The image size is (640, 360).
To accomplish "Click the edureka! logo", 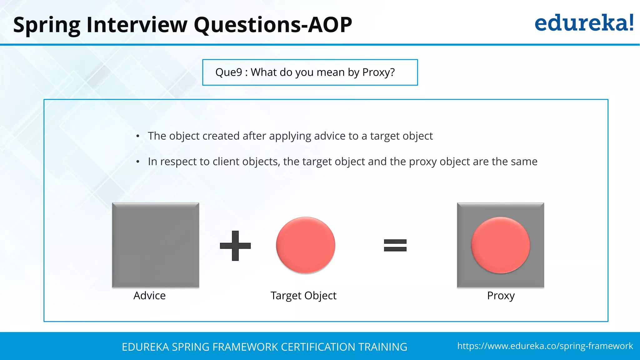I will coord(584,23).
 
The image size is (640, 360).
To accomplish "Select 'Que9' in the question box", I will coord(228,72).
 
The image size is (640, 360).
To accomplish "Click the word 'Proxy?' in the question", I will coord(378,72).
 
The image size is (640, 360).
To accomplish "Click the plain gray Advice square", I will coord(155,245).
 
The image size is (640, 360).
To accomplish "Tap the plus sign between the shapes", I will coord(235,246).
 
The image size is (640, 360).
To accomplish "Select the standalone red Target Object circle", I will coord(306,245).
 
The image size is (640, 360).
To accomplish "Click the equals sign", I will coord(395,245).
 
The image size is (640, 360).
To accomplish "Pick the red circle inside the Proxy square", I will coord(501,245).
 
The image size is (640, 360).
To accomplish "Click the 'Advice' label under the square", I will coord(149,296).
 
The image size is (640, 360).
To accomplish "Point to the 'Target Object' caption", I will coord(303,296).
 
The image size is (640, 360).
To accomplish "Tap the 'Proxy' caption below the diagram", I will coord(501,296).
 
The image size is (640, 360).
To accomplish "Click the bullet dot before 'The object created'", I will coord(138,136).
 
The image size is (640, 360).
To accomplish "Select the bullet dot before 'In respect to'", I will coord(138,162).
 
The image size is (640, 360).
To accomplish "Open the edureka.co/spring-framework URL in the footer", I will coord(545,346).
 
